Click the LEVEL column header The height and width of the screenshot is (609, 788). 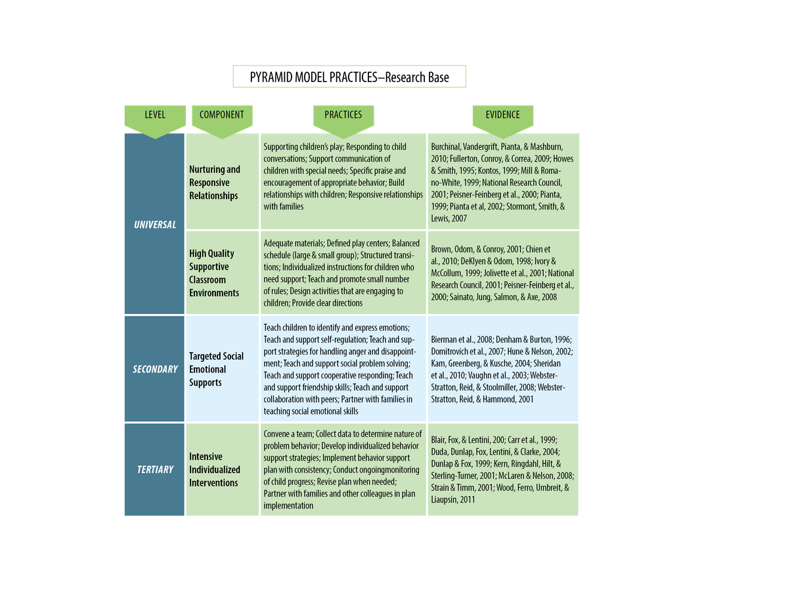pos(155,115)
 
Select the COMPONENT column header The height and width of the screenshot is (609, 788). pos(221,115)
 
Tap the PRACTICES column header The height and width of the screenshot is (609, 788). pos(343,115)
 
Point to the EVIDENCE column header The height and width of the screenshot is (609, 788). pos(502,115)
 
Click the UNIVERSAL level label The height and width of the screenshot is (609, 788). pos(155,225)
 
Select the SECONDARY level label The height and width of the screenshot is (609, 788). pos(155,369)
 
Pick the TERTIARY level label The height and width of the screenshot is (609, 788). pos(155,470)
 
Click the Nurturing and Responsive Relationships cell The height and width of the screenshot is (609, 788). pos(215,183)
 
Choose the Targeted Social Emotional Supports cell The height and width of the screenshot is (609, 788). pos(216,369)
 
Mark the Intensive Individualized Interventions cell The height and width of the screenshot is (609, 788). pos(215,470)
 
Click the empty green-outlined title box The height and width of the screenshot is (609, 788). pos(349,77)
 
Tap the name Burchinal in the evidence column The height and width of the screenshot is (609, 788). pos(449,147)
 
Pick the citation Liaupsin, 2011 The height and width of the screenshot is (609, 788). pos(452,499)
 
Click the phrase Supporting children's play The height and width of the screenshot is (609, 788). pos(302,147)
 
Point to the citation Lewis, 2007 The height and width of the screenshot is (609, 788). pos(449,218)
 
